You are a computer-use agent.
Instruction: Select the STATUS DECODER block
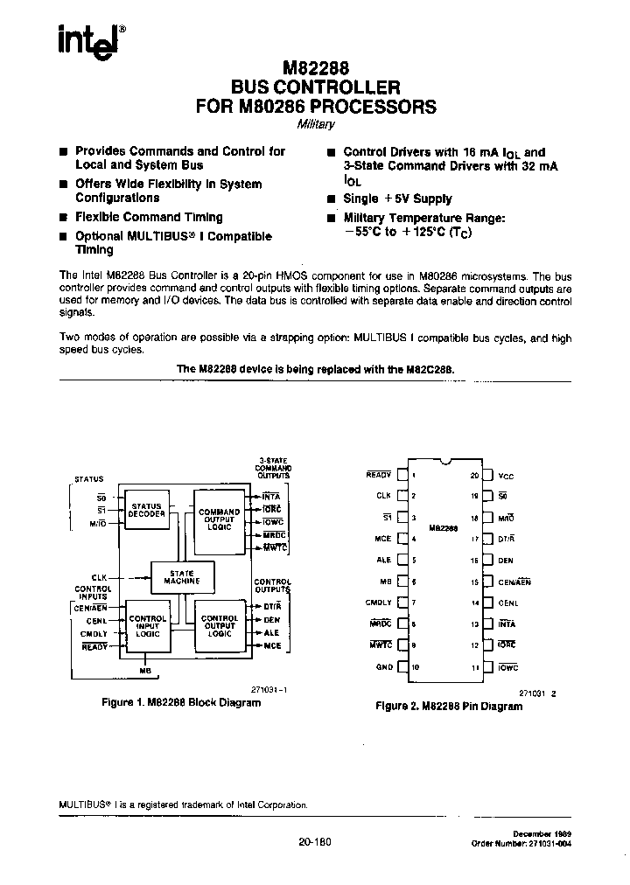[x=146, y=510]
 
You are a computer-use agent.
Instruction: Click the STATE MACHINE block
[x=182, y=576]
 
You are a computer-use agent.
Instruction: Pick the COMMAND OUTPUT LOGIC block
[x=219, y=519]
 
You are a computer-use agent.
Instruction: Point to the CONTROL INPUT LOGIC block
[x=147, y=626]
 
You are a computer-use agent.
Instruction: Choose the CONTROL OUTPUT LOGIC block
[x=219, y=626]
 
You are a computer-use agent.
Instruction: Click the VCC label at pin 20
[x=507, y=477]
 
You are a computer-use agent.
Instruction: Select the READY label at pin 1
[x=378, y=475]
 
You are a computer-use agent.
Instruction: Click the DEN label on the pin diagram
[x=507, y=561]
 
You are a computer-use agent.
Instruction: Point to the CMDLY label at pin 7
[x=379, y=603]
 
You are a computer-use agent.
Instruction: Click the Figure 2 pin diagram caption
[x=448, y=705]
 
